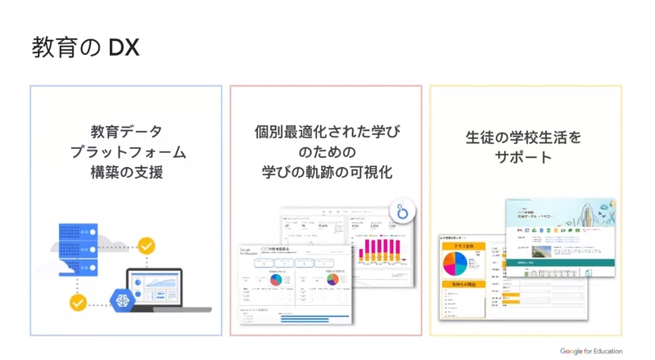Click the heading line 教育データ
tap(126, 131)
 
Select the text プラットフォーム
tap(126, 152)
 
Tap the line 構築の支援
tap(126, 173)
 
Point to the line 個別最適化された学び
tap(327, 131)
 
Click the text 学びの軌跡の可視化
tap(327, 173)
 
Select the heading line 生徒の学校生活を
tap(524, 137)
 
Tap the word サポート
tap(524, 157)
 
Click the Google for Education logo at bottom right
tap(591, 351)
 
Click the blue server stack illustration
tap(84, 249)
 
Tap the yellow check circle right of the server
tap(146, 245)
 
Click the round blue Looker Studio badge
tap(401, 210)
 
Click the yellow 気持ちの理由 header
tap(463, 285)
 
